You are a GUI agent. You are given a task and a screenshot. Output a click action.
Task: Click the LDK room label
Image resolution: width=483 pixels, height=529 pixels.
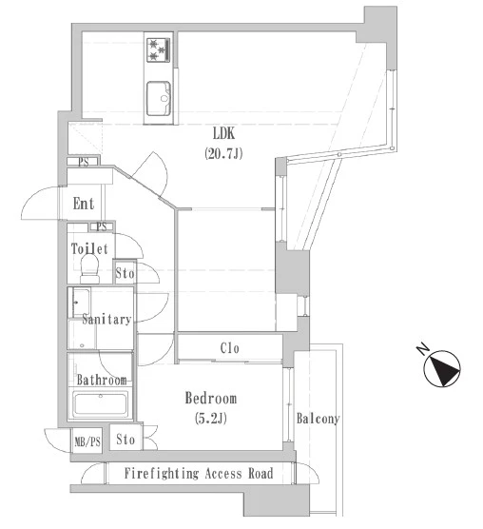tap(223, 133)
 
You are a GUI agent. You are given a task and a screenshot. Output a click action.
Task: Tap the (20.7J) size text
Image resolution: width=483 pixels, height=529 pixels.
tap(223, 153)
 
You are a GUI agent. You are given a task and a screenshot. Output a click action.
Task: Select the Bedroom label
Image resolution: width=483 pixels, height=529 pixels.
tap(211, 399)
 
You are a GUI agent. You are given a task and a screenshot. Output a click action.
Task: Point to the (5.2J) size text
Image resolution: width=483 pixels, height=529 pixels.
tap(211, 419)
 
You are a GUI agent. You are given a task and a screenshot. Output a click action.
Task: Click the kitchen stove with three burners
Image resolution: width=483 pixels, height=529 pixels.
tap(159, 49)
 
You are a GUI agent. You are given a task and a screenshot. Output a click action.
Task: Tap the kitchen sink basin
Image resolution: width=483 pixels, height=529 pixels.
tap(159, 99)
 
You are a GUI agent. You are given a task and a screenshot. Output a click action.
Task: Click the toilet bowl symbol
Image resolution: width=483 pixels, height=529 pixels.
tap(90, 269)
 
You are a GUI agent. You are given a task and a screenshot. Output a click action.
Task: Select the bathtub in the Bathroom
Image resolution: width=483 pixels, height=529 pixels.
tap(101, 403)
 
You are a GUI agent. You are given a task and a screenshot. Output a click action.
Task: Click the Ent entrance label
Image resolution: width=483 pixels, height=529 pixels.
tap(84, 204)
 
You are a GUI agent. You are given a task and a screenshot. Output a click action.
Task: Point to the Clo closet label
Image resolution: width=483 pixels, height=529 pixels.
tap(229, 348)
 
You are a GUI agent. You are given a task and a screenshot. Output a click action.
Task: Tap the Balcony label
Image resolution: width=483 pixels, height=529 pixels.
tap(318, 419)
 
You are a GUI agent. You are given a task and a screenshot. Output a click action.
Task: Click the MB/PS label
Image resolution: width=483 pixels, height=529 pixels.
tap(87, 441)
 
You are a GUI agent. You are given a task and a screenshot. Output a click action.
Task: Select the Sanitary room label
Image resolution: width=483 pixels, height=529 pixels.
tap(106, 319)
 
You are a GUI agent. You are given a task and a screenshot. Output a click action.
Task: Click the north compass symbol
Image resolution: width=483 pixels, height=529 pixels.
tap(442, 369)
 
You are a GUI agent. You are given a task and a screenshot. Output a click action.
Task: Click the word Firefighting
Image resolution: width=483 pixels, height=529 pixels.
tap(162, 473)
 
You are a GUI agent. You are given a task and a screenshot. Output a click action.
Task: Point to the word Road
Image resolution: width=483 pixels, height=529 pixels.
tap(261, 473)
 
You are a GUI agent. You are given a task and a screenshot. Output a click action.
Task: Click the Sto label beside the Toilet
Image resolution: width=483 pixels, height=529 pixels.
tap(125, 273)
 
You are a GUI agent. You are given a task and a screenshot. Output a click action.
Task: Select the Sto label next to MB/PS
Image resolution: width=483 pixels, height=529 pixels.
tap(126, 440)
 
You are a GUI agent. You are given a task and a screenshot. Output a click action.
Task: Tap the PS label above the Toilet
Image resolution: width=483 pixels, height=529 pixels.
tap(102, 226)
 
